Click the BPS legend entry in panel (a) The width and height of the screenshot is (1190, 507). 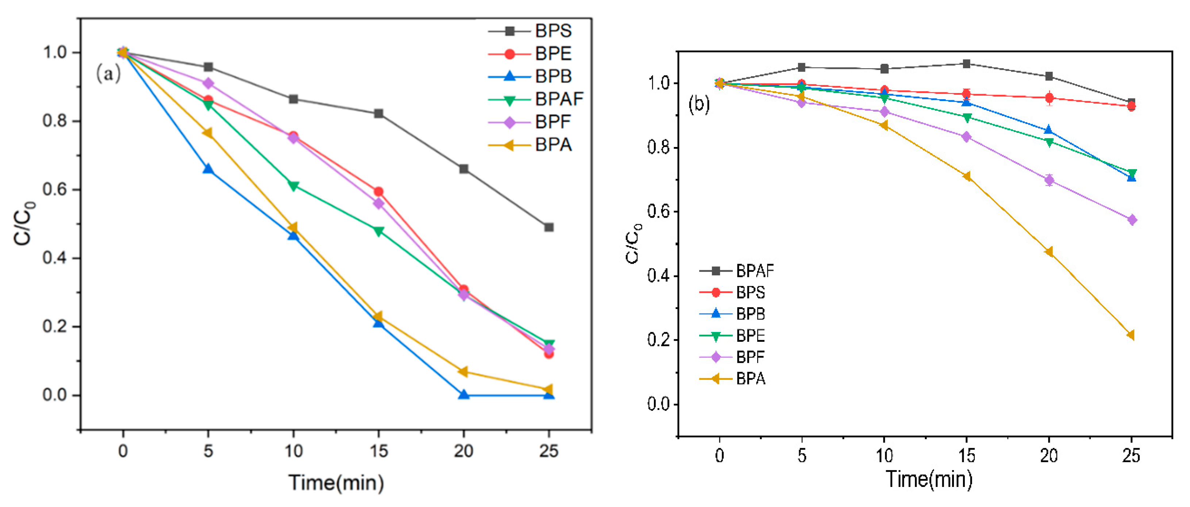point(552,31)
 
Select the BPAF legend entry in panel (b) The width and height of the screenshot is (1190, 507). point(754,271)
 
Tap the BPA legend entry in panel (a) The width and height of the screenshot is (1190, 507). point(552,145)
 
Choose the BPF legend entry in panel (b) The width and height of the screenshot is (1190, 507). point(749,357)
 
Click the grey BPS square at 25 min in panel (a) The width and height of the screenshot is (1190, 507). point(549,227)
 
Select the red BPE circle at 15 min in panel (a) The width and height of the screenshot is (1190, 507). point(378,191)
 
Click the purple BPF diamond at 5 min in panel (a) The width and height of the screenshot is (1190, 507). point(208,84)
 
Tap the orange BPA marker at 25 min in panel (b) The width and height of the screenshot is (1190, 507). point(1131,335)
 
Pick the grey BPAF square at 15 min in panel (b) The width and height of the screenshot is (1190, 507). point(966,64)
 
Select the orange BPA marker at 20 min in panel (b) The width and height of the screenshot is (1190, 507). point(1049,252)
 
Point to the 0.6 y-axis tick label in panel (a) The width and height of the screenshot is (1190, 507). point(54,190)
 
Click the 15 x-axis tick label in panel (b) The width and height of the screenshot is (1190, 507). point(966,456)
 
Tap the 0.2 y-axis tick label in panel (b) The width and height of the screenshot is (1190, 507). point(658,340)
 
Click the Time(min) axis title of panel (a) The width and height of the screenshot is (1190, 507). point(336,483)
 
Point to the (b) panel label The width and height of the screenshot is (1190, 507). point(699,104)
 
